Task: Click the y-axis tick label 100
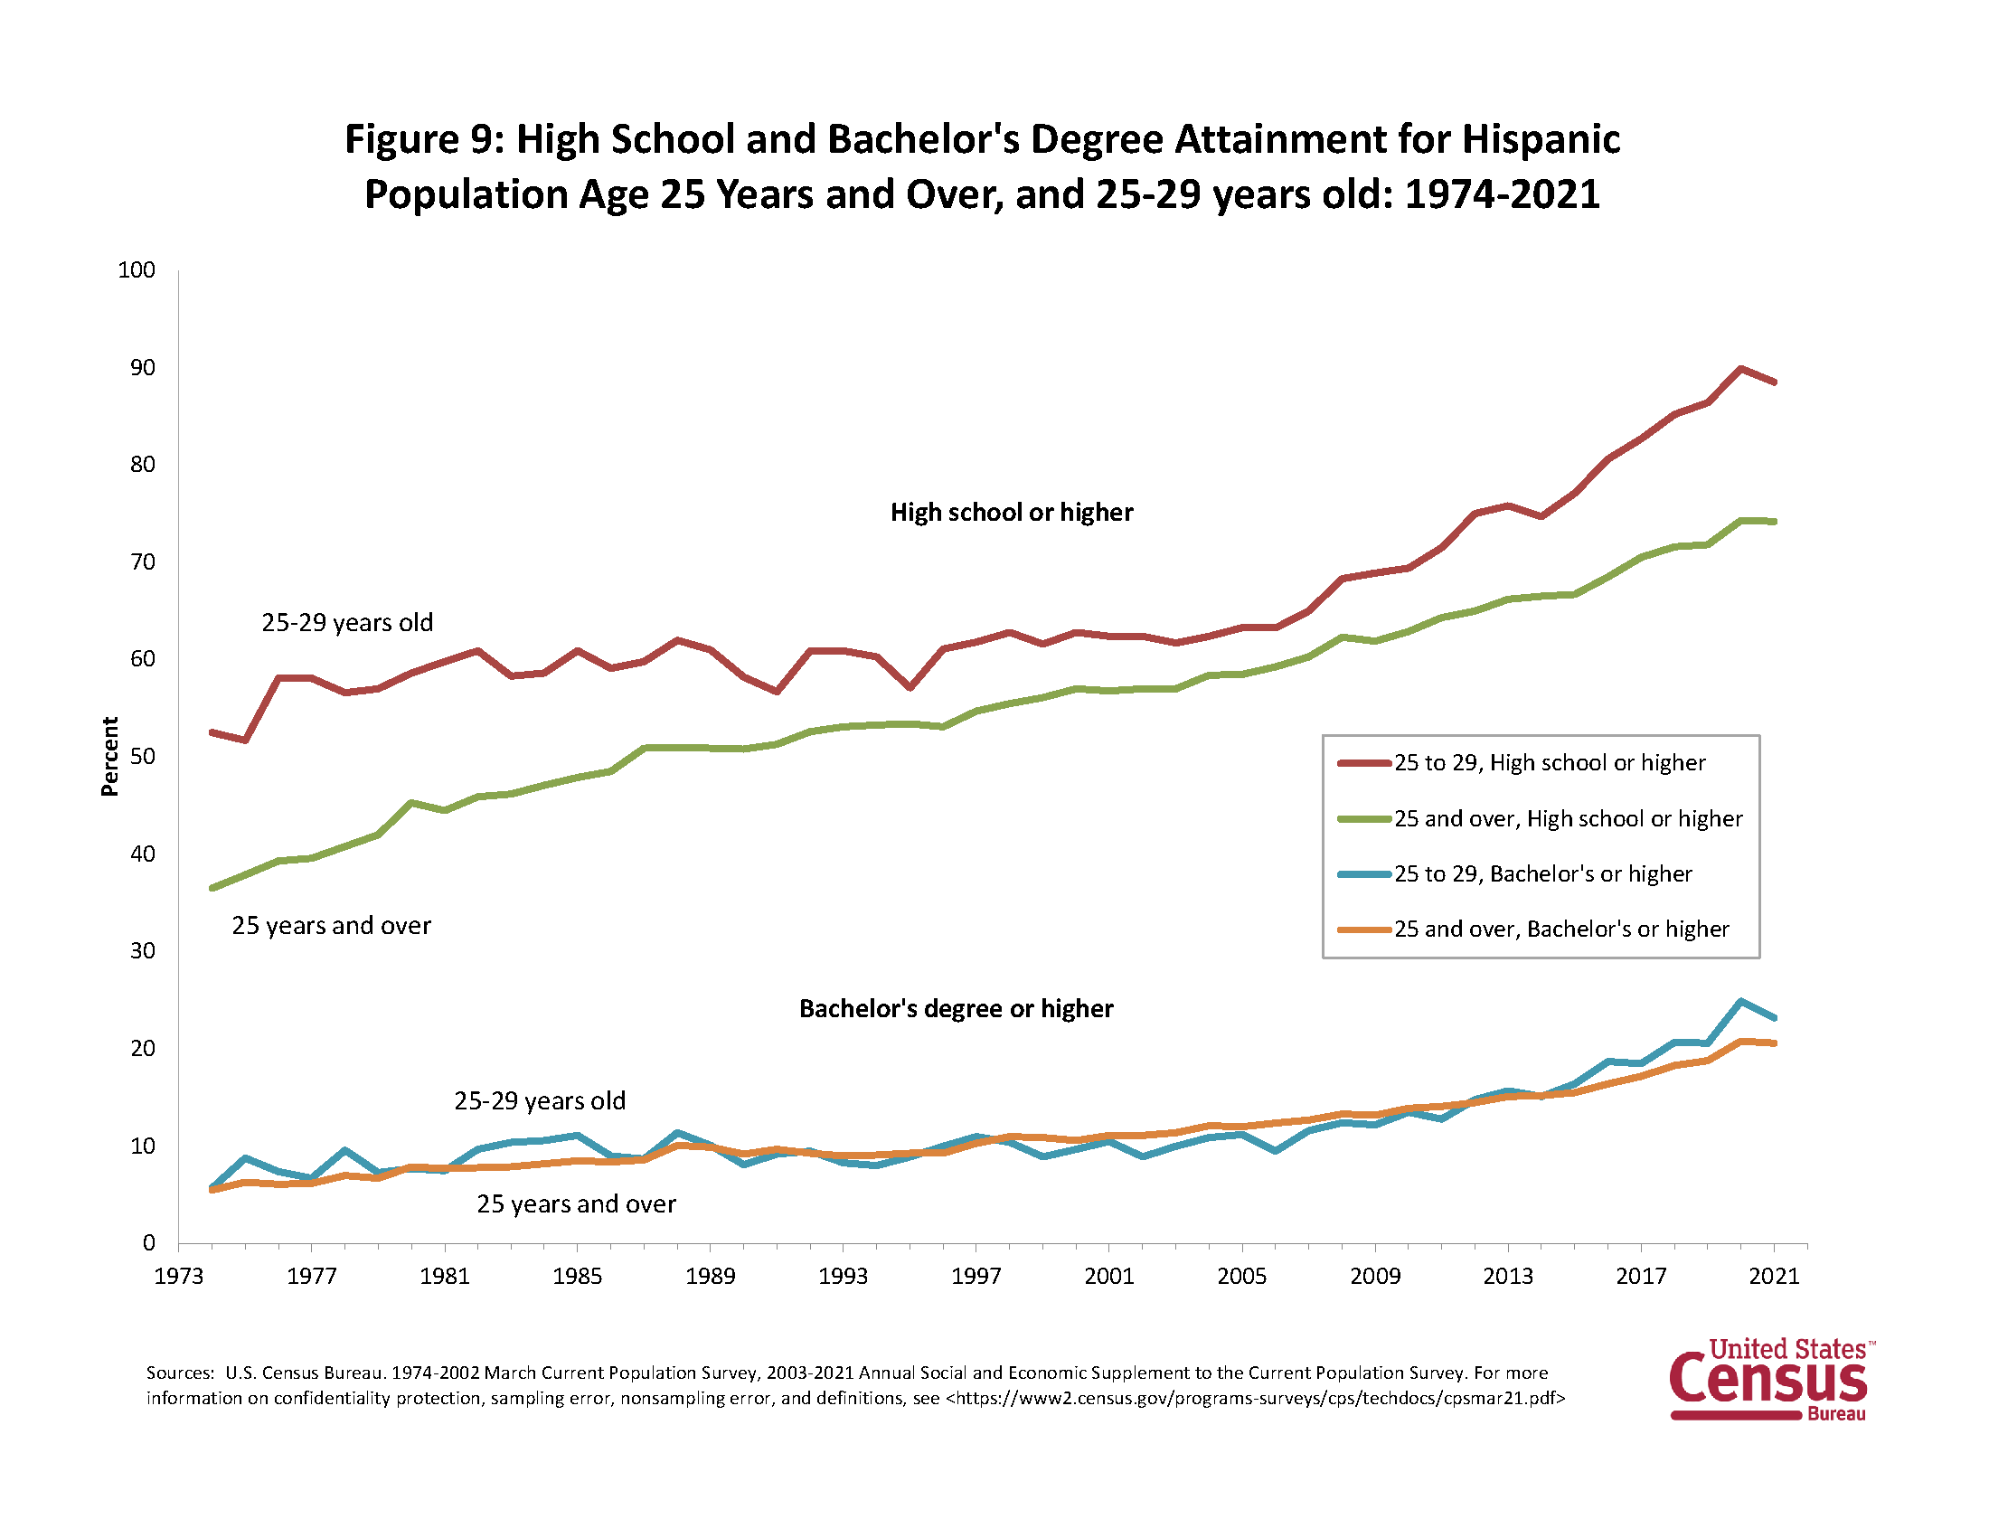(x=137, y=270)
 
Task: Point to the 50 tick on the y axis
(x=143, y=757)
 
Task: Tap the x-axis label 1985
(x=577, y=1276)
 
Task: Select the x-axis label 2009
(x=1374, y=1276)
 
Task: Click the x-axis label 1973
(x=178, y=1276)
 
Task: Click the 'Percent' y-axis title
(x=110, y=757)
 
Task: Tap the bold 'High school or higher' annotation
(x=1012, y=513)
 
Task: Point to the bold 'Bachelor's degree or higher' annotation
(x=957, y=1009)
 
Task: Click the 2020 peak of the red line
(x=1740, y=369)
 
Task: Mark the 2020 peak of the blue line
(x=1740, y=1002)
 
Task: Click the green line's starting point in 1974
(x=212, y=888)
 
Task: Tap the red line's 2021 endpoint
(x=1774, y=382)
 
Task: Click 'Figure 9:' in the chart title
(x=423, y=139)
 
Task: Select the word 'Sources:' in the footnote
(x=180, y=1373)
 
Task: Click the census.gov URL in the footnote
(x=1255, y=1398)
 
